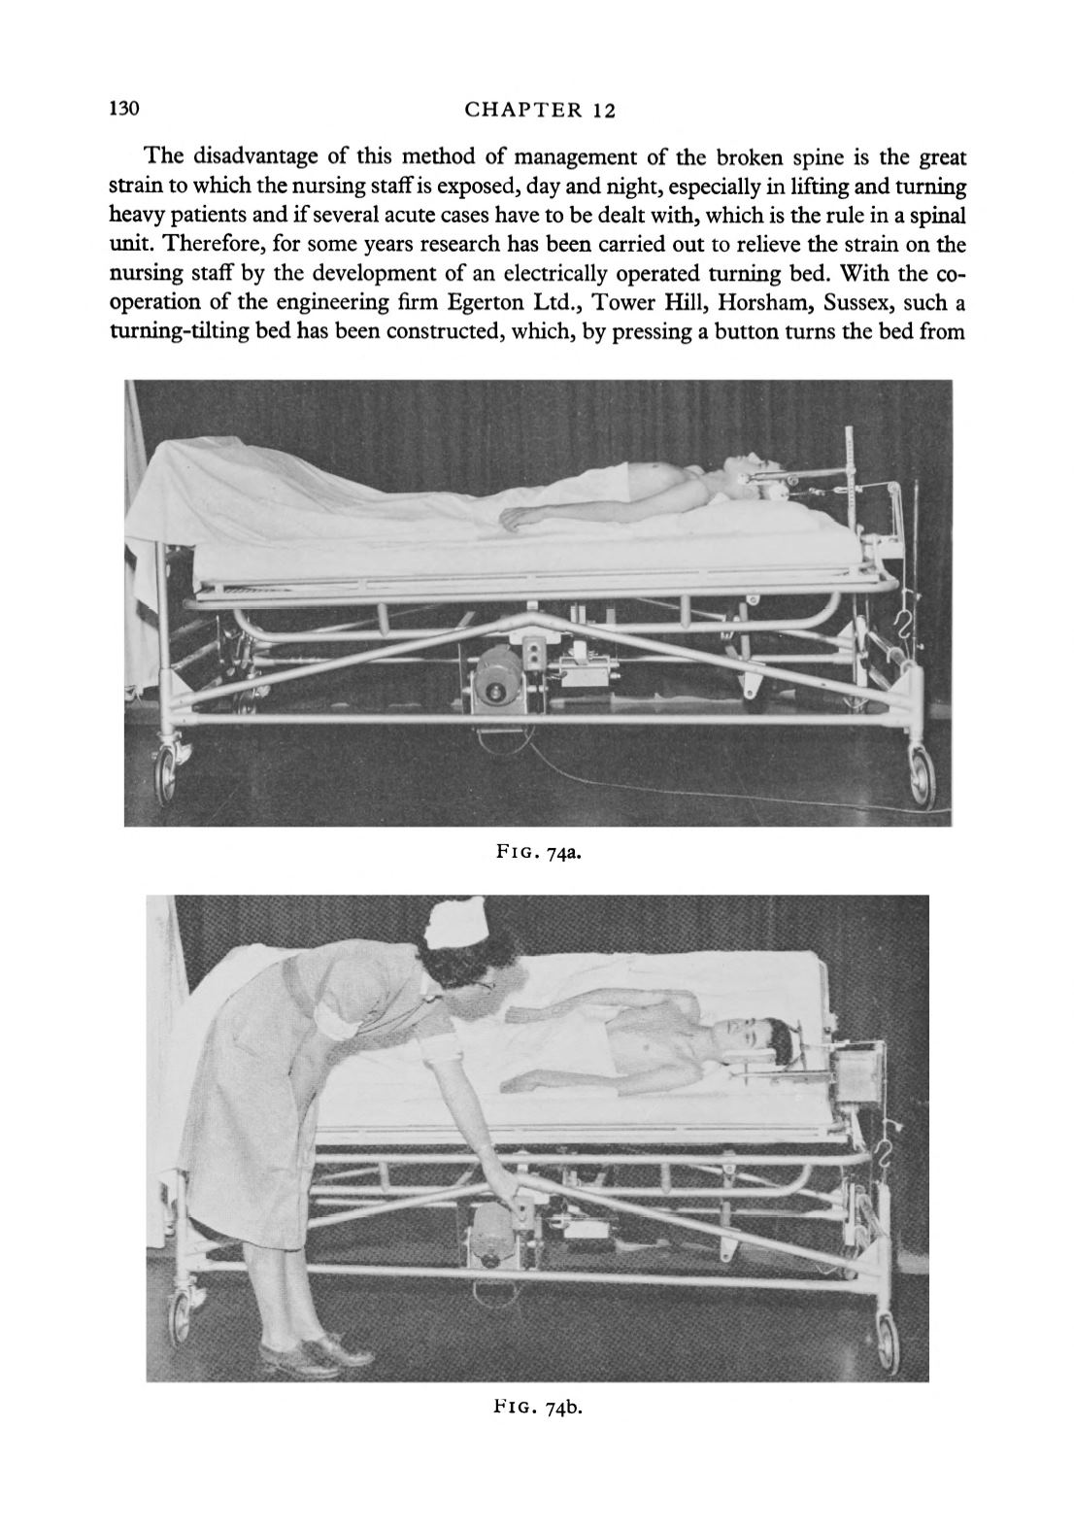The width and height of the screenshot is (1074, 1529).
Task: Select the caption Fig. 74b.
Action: tap(538, 1406)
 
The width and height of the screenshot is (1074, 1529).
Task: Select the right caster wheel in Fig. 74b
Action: tap(886, 1336)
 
